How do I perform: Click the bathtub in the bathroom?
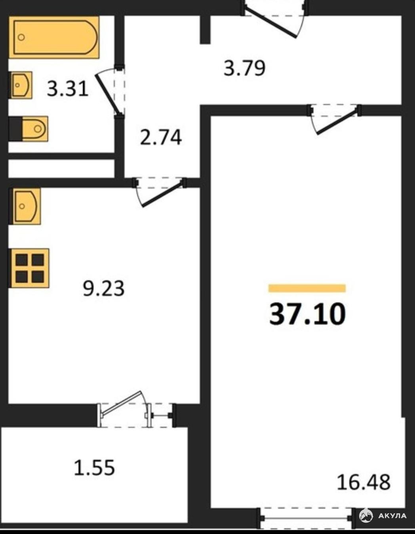pos(54,38)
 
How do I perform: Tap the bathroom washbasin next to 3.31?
pos(21,85)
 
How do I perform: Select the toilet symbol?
pos(28,129)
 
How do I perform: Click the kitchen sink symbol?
pos(25,206)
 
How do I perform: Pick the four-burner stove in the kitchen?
pos(29,268)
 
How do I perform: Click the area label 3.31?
pos(68,89)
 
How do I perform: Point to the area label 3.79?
pos(244,68)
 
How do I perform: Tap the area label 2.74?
pos(161,137)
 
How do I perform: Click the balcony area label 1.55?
pos(95,467)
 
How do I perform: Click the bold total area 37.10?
pos(308,314)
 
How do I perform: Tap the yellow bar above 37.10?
pos(307,288)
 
